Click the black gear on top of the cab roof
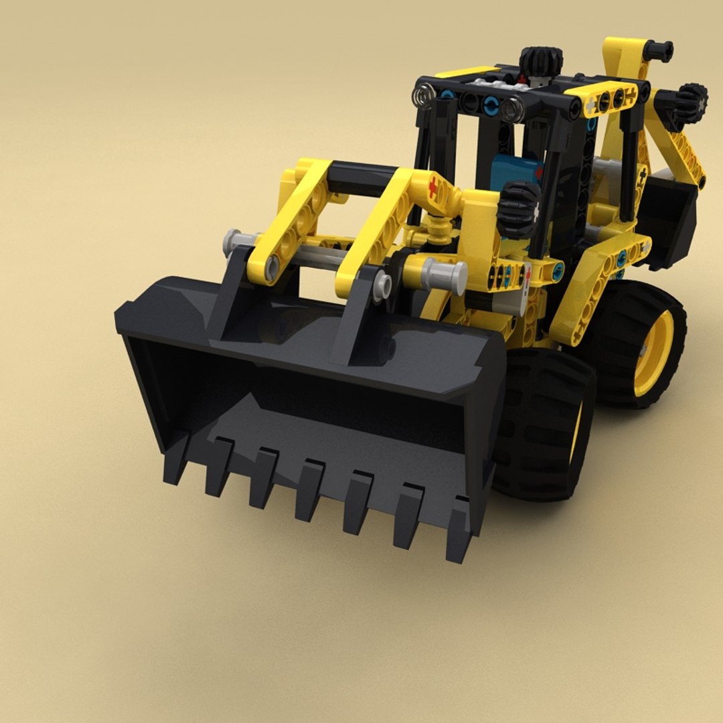[541, 61]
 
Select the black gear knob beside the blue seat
[519, 208]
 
